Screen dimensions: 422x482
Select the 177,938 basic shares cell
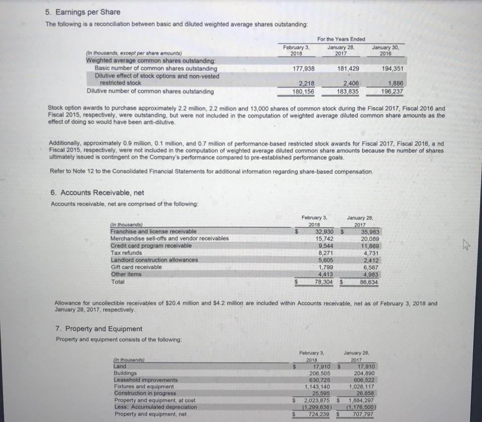tap(304, 68)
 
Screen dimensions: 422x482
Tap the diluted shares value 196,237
tap(392, 92)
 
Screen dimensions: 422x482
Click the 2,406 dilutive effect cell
tap(350, 84)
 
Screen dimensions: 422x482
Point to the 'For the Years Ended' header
tap(341, 39)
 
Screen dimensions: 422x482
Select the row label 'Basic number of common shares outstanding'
tap(156, 68)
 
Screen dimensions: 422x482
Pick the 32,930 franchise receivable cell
tap(326, 231)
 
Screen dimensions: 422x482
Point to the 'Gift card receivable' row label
tap(136, 267)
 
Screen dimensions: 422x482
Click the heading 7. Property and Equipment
tap(99, 329)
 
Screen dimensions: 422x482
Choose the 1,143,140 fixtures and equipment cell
tap(318, 386)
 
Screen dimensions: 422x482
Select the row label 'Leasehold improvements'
tap(146, 380)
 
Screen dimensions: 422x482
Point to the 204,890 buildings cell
tap(364, 373)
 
